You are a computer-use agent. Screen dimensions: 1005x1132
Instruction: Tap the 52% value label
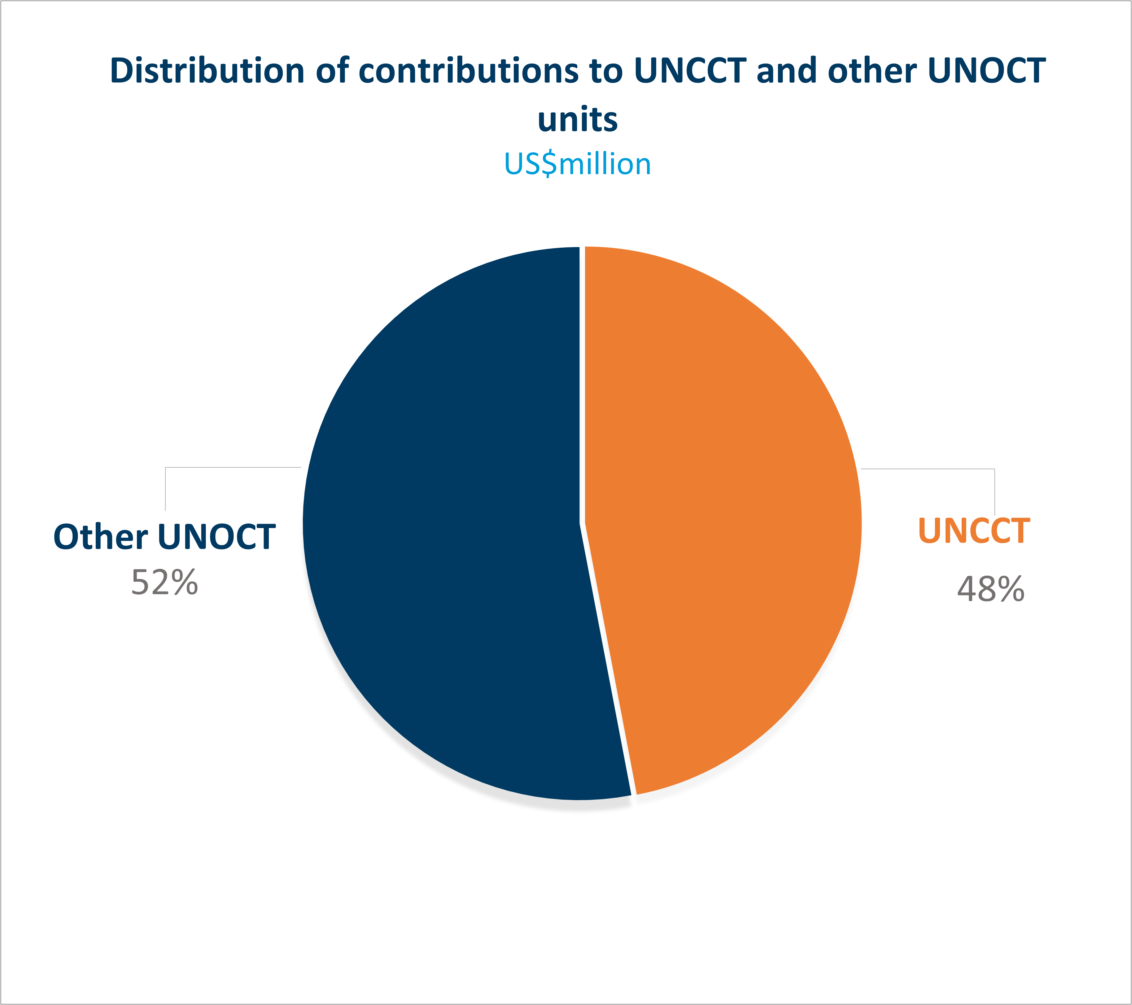[164, 583]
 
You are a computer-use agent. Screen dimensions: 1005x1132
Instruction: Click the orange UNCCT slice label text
[974, 531]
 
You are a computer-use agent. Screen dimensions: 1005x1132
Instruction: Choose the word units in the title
[577, 119]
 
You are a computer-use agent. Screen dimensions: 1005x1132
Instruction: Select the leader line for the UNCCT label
[930, 469]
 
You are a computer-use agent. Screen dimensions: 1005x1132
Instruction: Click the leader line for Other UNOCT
[233, 467]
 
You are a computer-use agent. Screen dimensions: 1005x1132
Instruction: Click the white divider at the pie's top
[582, 332]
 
